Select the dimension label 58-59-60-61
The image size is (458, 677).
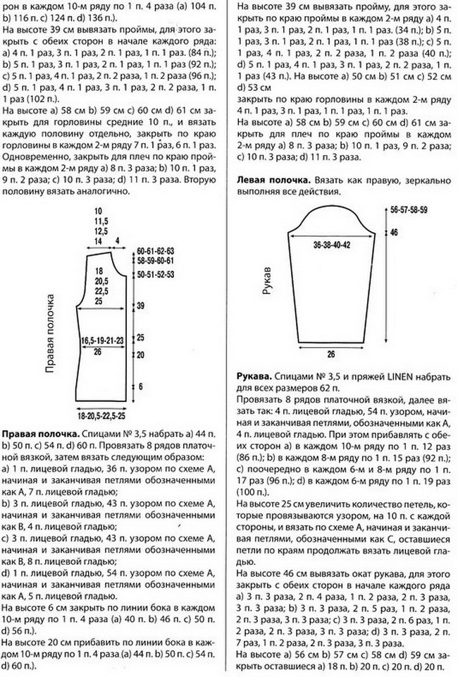click(155, 261)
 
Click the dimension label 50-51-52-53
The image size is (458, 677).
click(155, 273)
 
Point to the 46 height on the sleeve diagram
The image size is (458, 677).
click(394, 232)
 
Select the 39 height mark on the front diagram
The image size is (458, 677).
click(140, 305)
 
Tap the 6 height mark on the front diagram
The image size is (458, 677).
click(140, 386)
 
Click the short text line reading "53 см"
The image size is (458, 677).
click(249, 87)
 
